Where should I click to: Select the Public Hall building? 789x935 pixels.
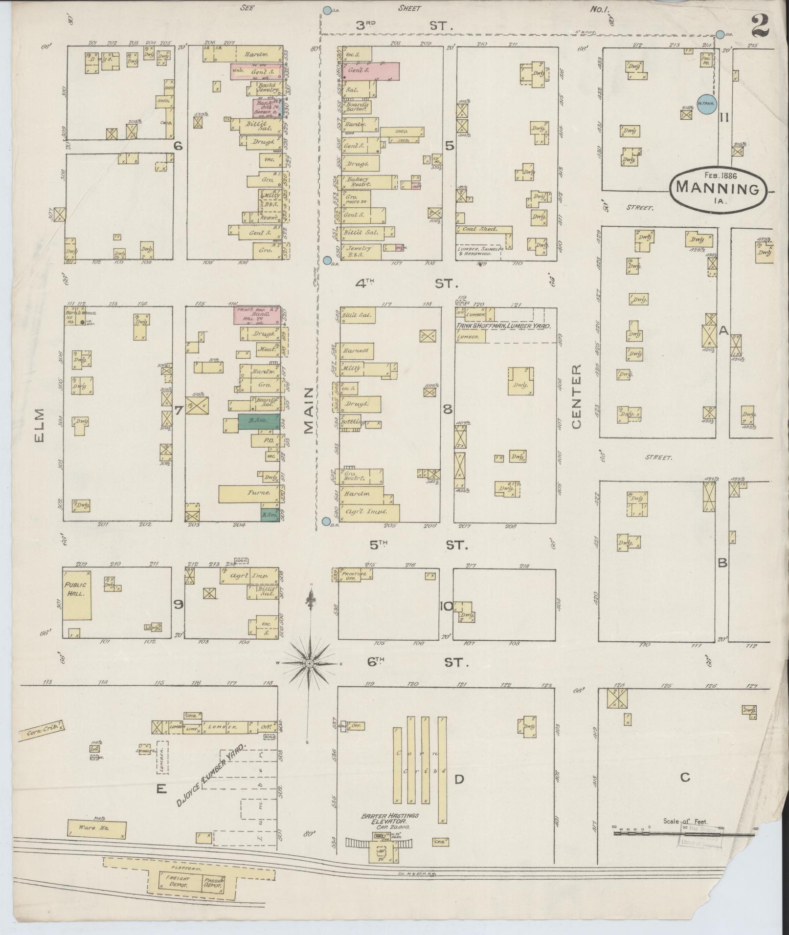(77, 594)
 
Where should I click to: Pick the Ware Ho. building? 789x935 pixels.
(97, 829)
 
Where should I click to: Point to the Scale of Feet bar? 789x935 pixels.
(684, 826)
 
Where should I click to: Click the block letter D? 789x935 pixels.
(459, 779)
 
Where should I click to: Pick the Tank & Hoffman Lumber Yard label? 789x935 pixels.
(504, 326)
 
